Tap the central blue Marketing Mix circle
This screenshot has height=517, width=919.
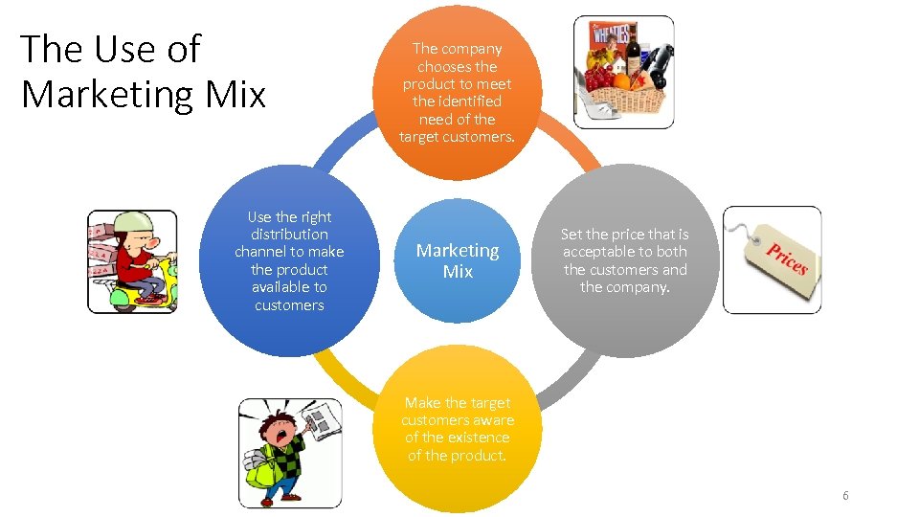[x=458, y=260]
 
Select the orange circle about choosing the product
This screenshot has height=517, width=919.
[x=458, y=93]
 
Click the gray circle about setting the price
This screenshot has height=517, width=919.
[x=624, y=260]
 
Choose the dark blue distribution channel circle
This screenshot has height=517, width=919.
[x=289, y=260]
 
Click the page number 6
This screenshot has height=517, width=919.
[x=845, y=495]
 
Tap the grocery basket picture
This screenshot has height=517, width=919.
[x=622, y=72]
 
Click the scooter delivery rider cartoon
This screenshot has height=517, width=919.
[x=132, y=261]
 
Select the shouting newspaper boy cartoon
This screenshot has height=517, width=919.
[x=289, y=453]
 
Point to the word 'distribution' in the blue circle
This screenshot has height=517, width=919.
[x=289, y=235]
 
